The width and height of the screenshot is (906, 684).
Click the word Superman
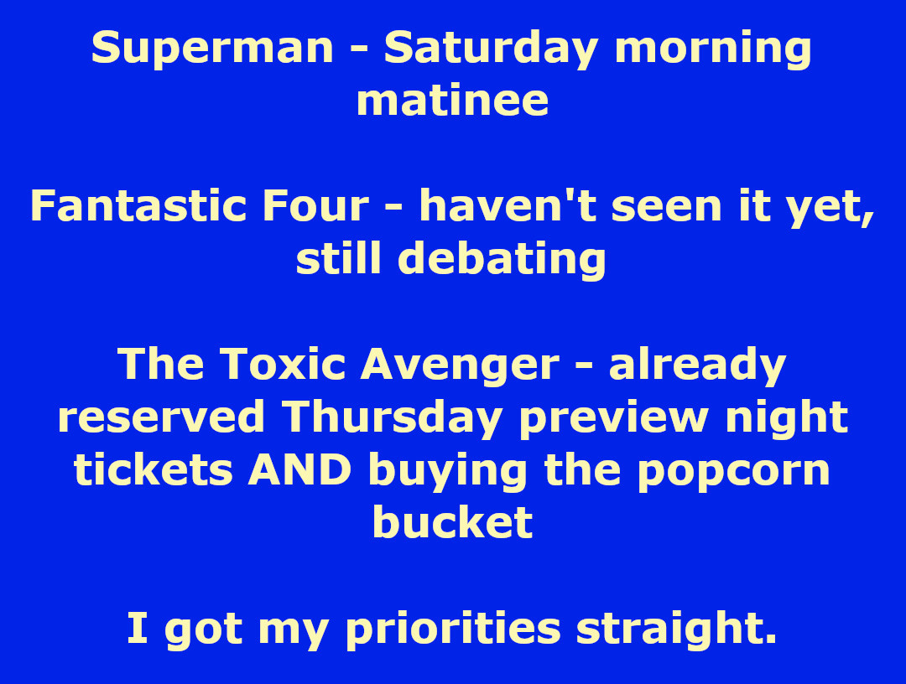pos(212,49)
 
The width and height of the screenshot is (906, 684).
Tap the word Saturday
pos(491,49)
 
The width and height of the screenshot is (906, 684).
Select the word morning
pos(713,49)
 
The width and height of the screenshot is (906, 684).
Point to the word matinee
pos(452,101)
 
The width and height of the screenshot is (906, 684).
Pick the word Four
pos(315,205)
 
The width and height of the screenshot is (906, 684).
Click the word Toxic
pos(284,365)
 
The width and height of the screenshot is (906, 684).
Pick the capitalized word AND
pos(299,470)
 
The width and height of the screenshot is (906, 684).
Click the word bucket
pos(452,523)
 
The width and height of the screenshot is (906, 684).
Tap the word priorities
pos(453,630)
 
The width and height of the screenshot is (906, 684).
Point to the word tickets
pos(154,470)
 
